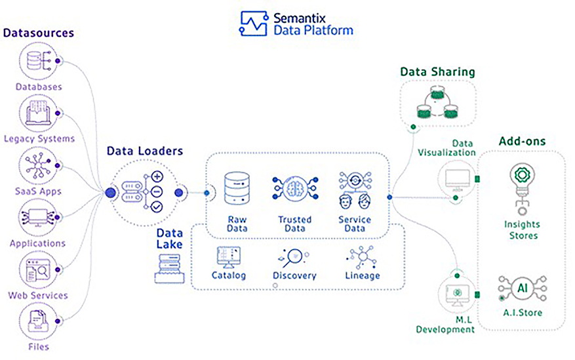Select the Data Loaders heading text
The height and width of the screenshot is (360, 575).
click(x=144, y=151)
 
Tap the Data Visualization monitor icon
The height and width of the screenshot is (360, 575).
click(x=456, y=178)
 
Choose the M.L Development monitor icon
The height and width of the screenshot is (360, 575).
click(x=456, y=295)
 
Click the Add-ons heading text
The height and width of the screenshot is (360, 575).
click(x=522, y=141)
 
